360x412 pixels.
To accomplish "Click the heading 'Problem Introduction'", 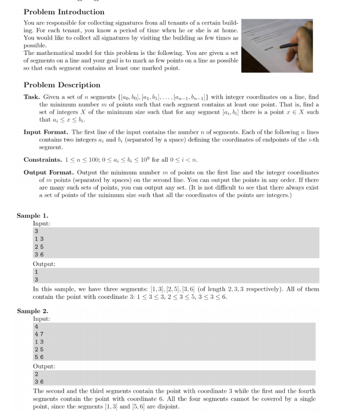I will click(64, 11).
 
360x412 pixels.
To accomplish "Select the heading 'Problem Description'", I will click(62, 85).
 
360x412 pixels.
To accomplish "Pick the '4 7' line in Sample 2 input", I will click(37, 334).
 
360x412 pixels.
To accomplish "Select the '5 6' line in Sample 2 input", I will click(37, 357).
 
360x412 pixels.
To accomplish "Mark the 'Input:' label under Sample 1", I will click(41, 224).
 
